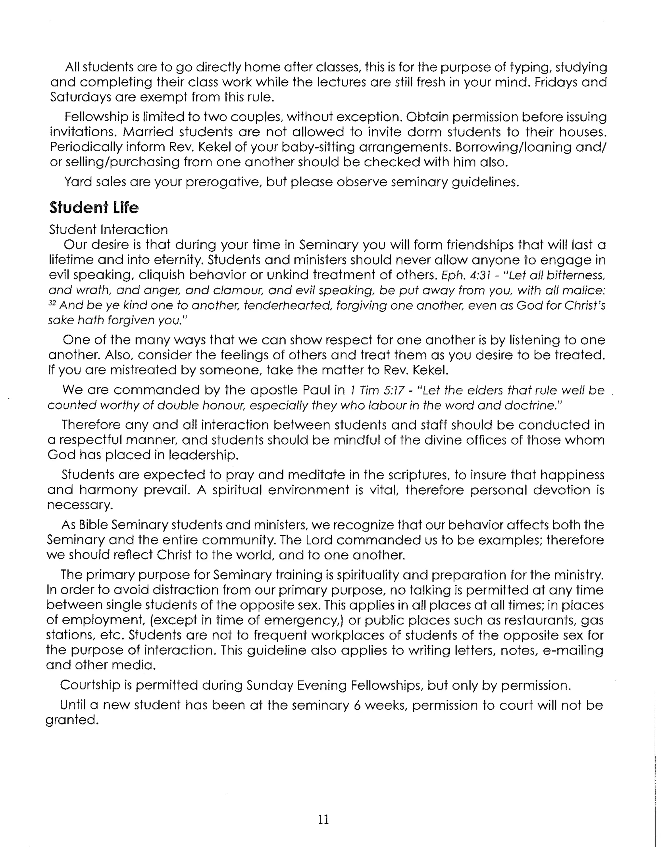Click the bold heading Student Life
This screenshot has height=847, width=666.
coord(94,208)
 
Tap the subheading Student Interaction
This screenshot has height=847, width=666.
coord(108,229)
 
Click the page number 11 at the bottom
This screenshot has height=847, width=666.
coord(323,819)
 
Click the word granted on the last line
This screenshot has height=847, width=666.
coord(71,720)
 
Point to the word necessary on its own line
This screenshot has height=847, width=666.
coord(80,505)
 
